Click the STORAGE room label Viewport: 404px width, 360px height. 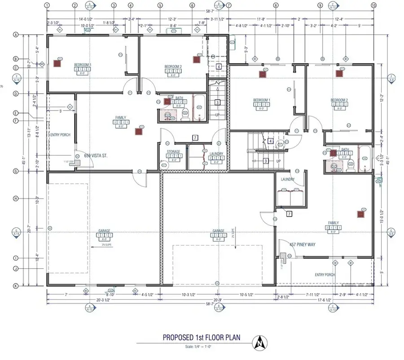pos(173,152)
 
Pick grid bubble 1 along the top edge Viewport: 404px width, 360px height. pos(47,5)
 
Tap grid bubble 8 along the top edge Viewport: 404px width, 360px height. pos(275,5)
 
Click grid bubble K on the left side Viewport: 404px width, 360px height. pos(16,285)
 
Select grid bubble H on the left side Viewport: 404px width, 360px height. pos(16,198)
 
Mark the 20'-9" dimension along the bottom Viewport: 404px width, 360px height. pos(218,300)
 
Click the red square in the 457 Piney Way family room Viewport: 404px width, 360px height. pos(360,214)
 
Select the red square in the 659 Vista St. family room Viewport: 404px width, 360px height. pos(139,132)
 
